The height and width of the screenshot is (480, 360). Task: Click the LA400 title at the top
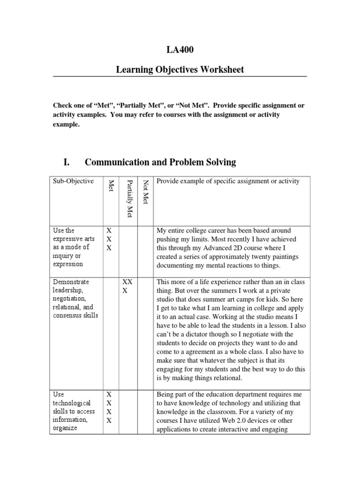click(180, 51)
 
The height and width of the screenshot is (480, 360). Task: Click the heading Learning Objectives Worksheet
click(180, 70)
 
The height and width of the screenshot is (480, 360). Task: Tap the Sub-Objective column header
click(73, 181)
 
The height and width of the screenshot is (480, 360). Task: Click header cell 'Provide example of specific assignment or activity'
click(228, 181)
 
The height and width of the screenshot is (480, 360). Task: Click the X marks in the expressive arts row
click(109, 239)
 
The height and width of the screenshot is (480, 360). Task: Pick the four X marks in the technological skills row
click(109, 407)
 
